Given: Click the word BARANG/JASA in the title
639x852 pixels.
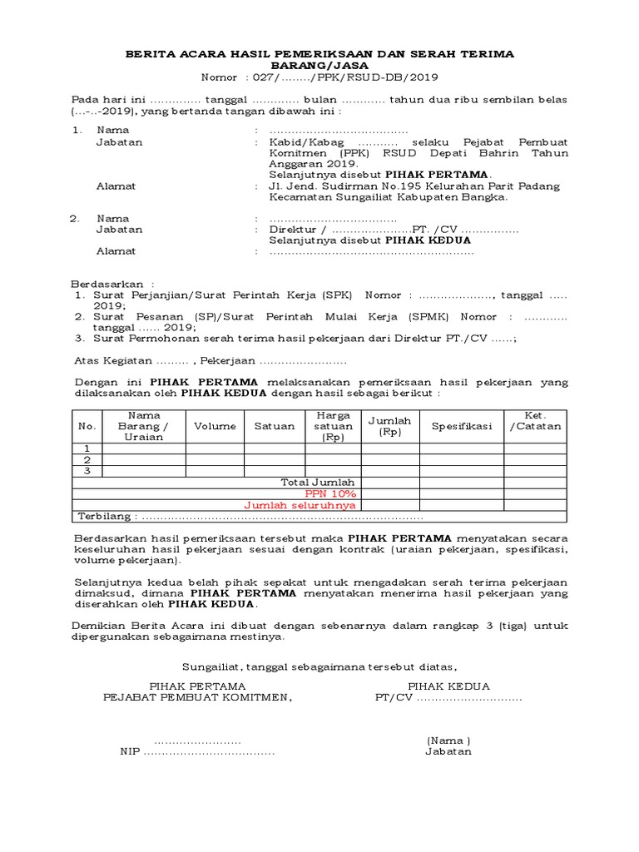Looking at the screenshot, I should click(319, 65).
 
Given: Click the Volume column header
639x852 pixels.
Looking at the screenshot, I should click(215, 426).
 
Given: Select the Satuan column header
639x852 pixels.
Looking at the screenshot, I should click(275, 426).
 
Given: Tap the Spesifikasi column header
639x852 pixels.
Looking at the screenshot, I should click(461, 426).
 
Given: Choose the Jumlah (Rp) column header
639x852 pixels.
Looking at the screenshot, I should click(390, 426).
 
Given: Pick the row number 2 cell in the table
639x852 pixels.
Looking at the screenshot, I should click(87, 459).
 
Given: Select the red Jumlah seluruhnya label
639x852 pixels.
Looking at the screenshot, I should click(300, 505).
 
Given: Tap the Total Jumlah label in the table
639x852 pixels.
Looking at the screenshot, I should click(318, 482).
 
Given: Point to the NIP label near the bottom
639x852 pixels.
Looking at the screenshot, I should click(130, 751).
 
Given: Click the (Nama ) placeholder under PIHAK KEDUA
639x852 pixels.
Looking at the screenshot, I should click(448, 740).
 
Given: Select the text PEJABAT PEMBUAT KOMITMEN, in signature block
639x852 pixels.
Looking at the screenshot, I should click(197, 697).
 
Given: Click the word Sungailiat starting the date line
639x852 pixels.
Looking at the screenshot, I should click(211, 666).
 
